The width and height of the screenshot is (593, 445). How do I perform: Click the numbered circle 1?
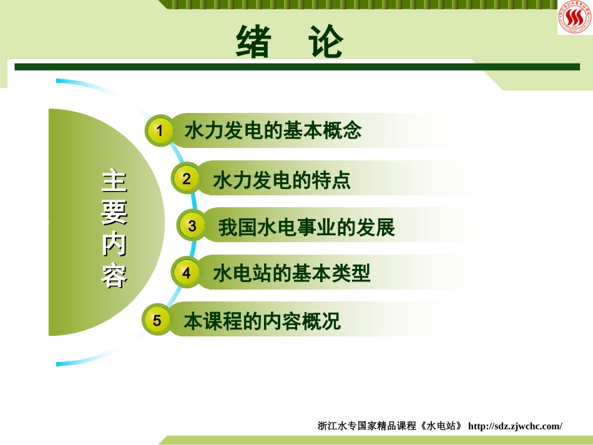click(160, 131)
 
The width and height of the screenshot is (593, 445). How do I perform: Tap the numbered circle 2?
click(186, 179)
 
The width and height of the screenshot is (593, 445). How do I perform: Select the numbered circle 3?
click(192, 226)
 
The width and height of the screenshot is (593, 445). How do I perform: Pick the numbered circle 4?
click(186, 273)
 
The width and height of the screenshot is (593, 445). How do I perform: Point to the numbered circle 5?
click(157, 320)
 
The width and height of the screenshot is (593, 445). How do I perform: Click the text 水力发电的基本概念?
click(273, 131)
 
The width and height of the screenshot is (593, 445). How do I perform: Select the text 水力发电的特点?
click(282, 180)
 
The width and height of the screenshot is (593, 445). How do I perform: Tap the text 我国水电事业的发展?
click(306, 228)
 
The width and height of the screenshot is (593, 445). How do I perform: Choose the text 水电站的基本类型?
click(292, 273)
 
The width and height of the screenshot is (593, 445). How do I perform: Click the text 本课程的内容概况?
click(262, 321)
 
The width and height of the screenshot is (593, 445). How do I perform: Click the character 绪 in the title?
click(253, 42)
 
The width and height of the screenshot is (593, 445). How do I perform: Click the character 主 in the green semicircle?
click(114, 182)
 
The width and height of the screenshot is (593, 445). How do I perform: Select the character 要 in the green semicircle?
click(114, 213)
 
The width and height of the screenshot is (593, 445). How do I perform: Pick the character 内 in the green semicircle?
click(114, 245)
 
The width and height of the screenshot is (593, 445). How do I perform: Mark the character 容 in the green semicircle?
click(114, 275)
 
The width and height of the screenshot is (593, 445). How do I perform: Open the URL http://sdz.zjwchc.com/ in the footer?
click(515, 426)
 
